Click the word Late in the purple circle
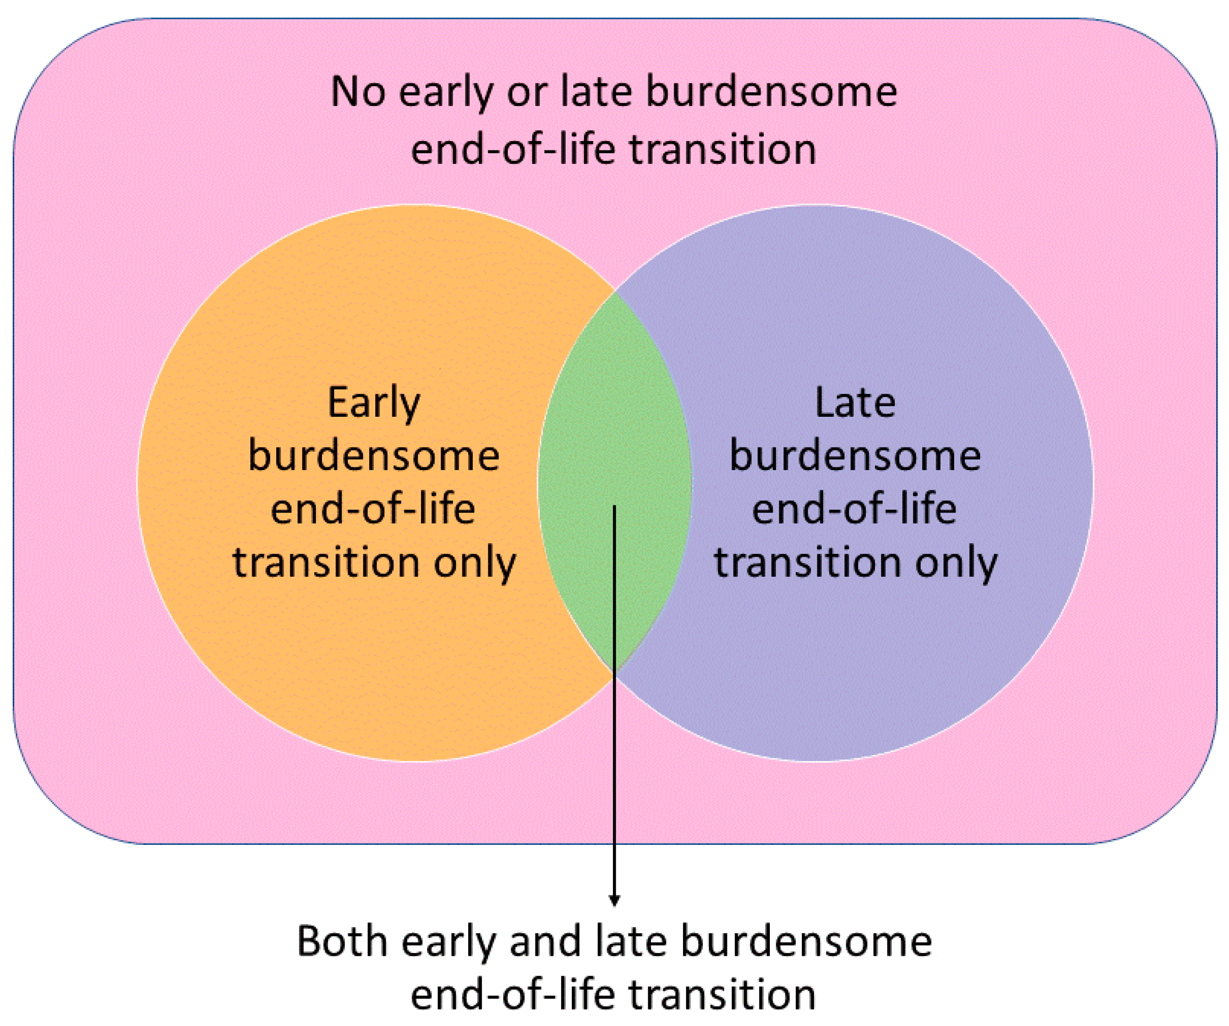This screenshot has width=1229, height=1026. (x=855, y=403)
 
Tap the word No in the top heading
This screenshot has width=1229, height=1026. (x=358, y=92)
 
